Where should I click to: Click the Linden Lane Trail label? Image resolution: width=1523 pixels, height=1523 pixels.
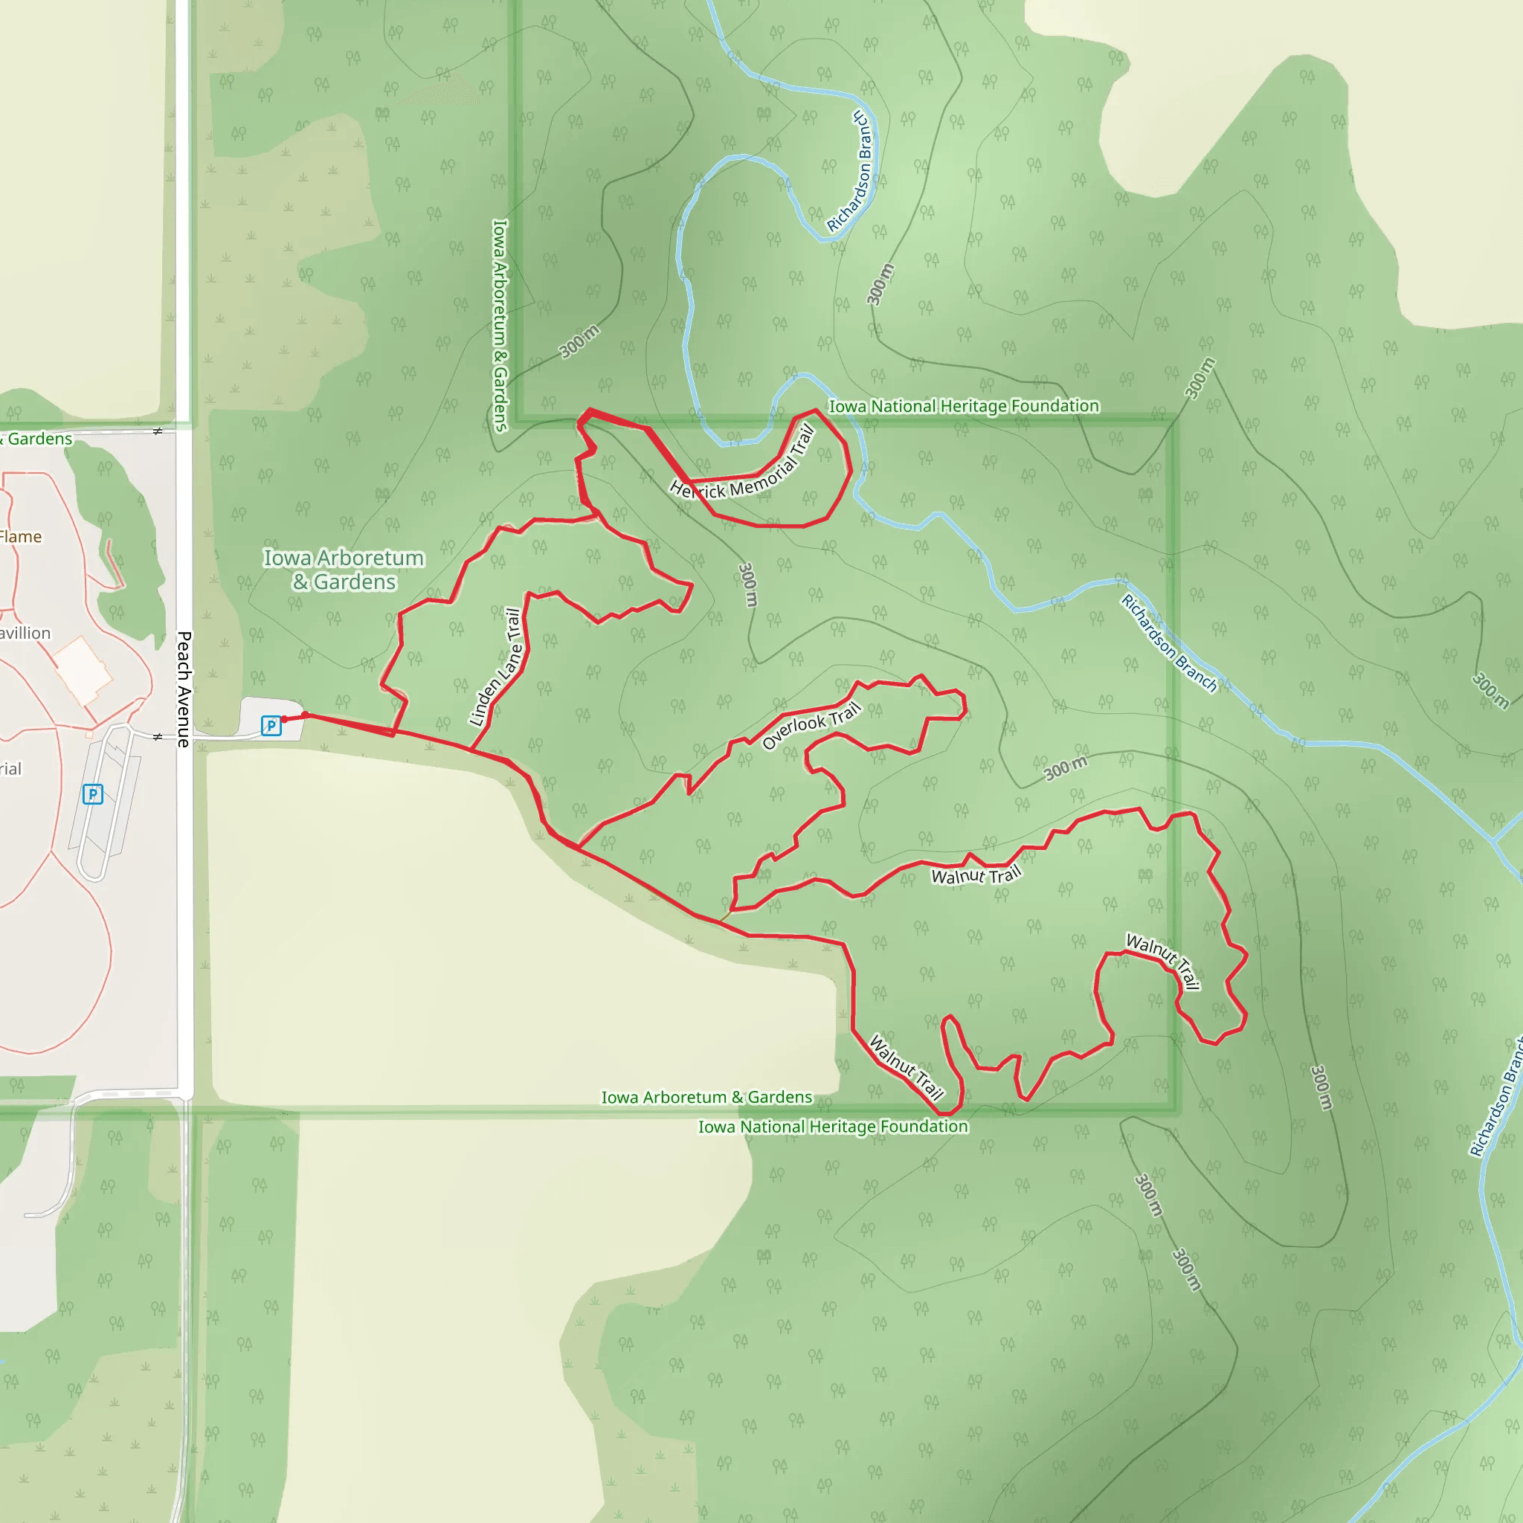(x=496, y=666)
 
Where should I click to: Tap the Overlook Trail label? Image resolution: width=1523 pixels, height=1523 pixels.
(x=811, y=726)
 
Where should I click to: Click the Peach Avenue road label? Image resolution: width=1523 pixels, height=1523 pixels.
(x=184, y=688)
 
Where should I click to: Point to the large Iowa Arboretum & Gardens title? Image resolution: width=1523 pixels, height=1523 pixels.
(x=344, y=569)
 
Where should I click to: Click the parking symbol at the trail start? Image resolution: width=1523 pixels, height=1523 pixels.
(x=271, y=725)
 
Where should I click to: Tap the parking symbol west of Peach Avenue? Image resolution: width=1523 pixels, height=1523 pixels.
(x=93, y=793)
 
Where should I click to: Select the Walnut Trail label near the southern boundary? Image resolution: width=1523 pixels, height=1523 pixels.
(x=907, y=1067)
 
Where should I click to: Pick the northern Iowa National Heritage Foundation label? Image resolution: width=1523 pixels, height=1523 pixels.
(x=963, y=406)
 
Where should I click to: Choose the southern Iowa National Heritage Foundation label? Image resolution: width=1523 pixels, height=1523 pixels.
(x=832, y=1127)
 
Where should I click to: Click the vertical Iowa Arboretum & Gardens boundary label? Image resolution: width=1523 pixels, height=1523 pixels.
(x=500, y=325)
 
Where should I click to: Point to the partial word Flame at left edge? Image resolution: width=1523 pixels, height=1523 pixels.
(x=21, y=537)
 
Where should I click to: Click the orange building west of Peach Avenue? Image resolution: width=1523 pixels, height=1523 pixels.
(x=83, y=671)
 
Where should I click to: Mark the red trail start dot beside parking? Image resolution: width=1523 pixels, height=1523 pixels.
(x=285, y=719)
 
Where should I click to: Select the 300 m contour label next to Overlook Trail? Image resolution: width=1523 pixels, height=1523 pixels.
(x=1066, y=767)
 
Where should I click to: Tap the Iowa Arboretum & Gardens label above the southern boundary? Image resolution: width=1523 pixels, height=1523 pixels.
(x=706, y=1098)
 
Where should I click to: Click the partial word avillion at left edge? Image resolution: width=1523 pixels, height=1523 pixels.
(x=25, y=633)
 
